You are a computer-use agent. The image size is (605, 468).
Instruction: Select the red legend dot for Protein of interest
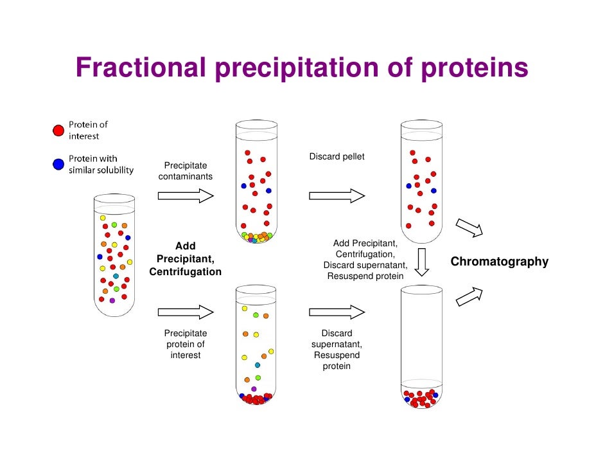[58, 130]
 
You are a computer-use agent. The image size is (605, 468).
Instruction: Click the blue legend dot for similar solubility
[58, 165]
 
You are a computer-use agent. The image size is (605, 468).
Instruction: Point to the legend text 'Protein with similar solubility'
[101, 165]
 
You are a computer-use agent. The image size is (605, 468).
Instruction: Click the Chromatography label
[499, 262]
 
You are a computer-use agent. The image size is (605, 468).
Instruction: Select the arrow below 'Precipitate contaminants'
[186, 195]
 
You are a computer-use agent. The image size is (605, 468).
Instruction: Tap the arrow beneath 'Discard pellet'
[337, 195]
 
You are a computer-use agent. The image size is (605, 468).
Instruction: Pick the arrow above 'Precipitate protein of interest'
[186, 312]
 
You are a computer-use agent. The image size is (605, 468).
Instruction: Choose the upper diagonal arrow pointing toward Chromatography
[469, 228]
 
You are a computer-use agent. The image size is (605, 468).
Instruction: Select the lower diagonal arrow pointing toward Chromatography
[469, 296]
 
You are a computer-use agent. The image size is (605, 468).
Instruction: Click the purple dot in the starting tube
[112, 300]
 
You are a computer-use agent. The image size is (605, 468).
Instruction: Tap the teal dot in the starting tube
[116, 276]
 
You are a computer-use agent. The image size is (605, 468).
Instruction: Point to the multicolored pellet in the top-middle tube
[256, 237]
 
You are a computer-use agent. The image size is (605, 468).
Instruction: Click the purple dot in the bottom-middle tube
[254, 389]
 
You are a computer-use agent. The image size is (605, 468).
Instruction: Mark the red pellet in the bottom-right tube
[421, 399]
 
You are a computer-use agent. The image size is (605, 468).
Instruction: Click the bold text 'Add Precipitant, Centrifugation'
[186, 259]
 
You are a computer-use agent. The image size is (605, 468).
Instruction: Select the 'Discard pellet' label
[337, 157]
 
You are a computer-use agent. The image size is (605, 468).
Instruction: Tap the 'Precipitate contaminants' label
[186, 171]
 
